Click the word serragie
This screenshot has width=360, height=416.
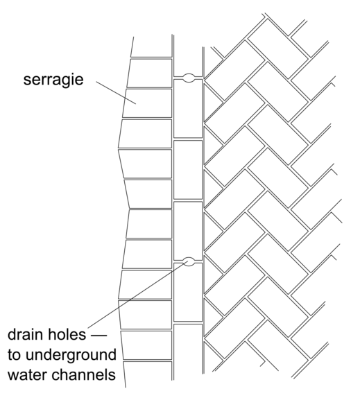click(53, 80)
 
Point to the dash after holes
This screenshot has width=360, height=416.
click(98, 336)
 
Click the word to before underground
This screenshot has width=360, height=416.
click(15, 355)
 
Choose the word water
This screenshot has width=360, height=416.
click(27, 375)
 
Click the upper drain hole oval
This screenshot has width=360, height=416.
click(188, 78)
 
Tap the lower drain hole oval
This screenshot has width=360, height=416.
click(189, 261)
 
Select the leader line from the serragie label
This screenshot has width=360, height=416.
click(116, 93)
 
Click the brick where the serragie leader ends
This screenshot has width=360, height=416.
click(147, 103)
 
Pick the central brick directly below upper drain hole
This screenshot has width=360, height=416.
click(188, 109)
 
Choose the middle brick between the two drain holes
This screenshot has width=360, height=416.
click(188, 170)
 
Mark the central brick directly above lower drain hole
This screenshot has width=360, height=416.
click(188, 231)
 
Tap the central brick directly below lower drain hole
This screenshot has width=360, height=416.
click(188, 292)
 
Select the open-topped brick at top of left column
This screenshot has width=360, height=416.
click(151, 47)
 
